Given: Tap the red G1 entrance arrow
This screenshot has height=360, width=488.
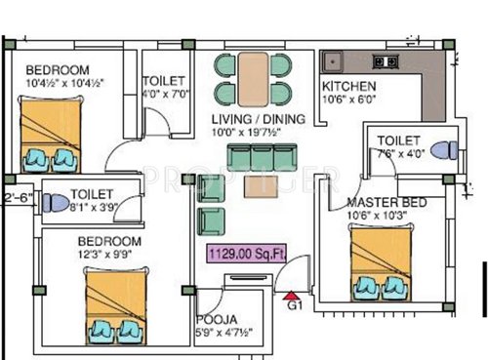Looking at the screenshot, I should coord(291,295).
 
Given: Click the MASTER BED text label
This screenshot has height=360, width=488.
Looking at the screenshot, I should coord(383,203).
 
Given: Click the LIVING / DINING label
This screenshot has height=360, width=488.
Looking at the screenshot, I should coord(259,119).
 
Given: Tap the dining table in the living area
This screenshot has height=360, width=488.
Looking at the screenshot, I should coord(253,78).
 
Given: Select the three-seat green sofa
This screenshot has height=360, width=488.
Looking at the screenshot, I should coord(253,157).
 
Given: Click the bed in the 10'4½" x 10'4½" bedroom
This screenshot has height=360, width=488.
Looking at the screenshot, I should coord(52,137).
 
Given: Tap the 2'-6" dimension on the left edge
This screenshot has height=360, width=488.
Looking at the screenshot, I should coord(17,198).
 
